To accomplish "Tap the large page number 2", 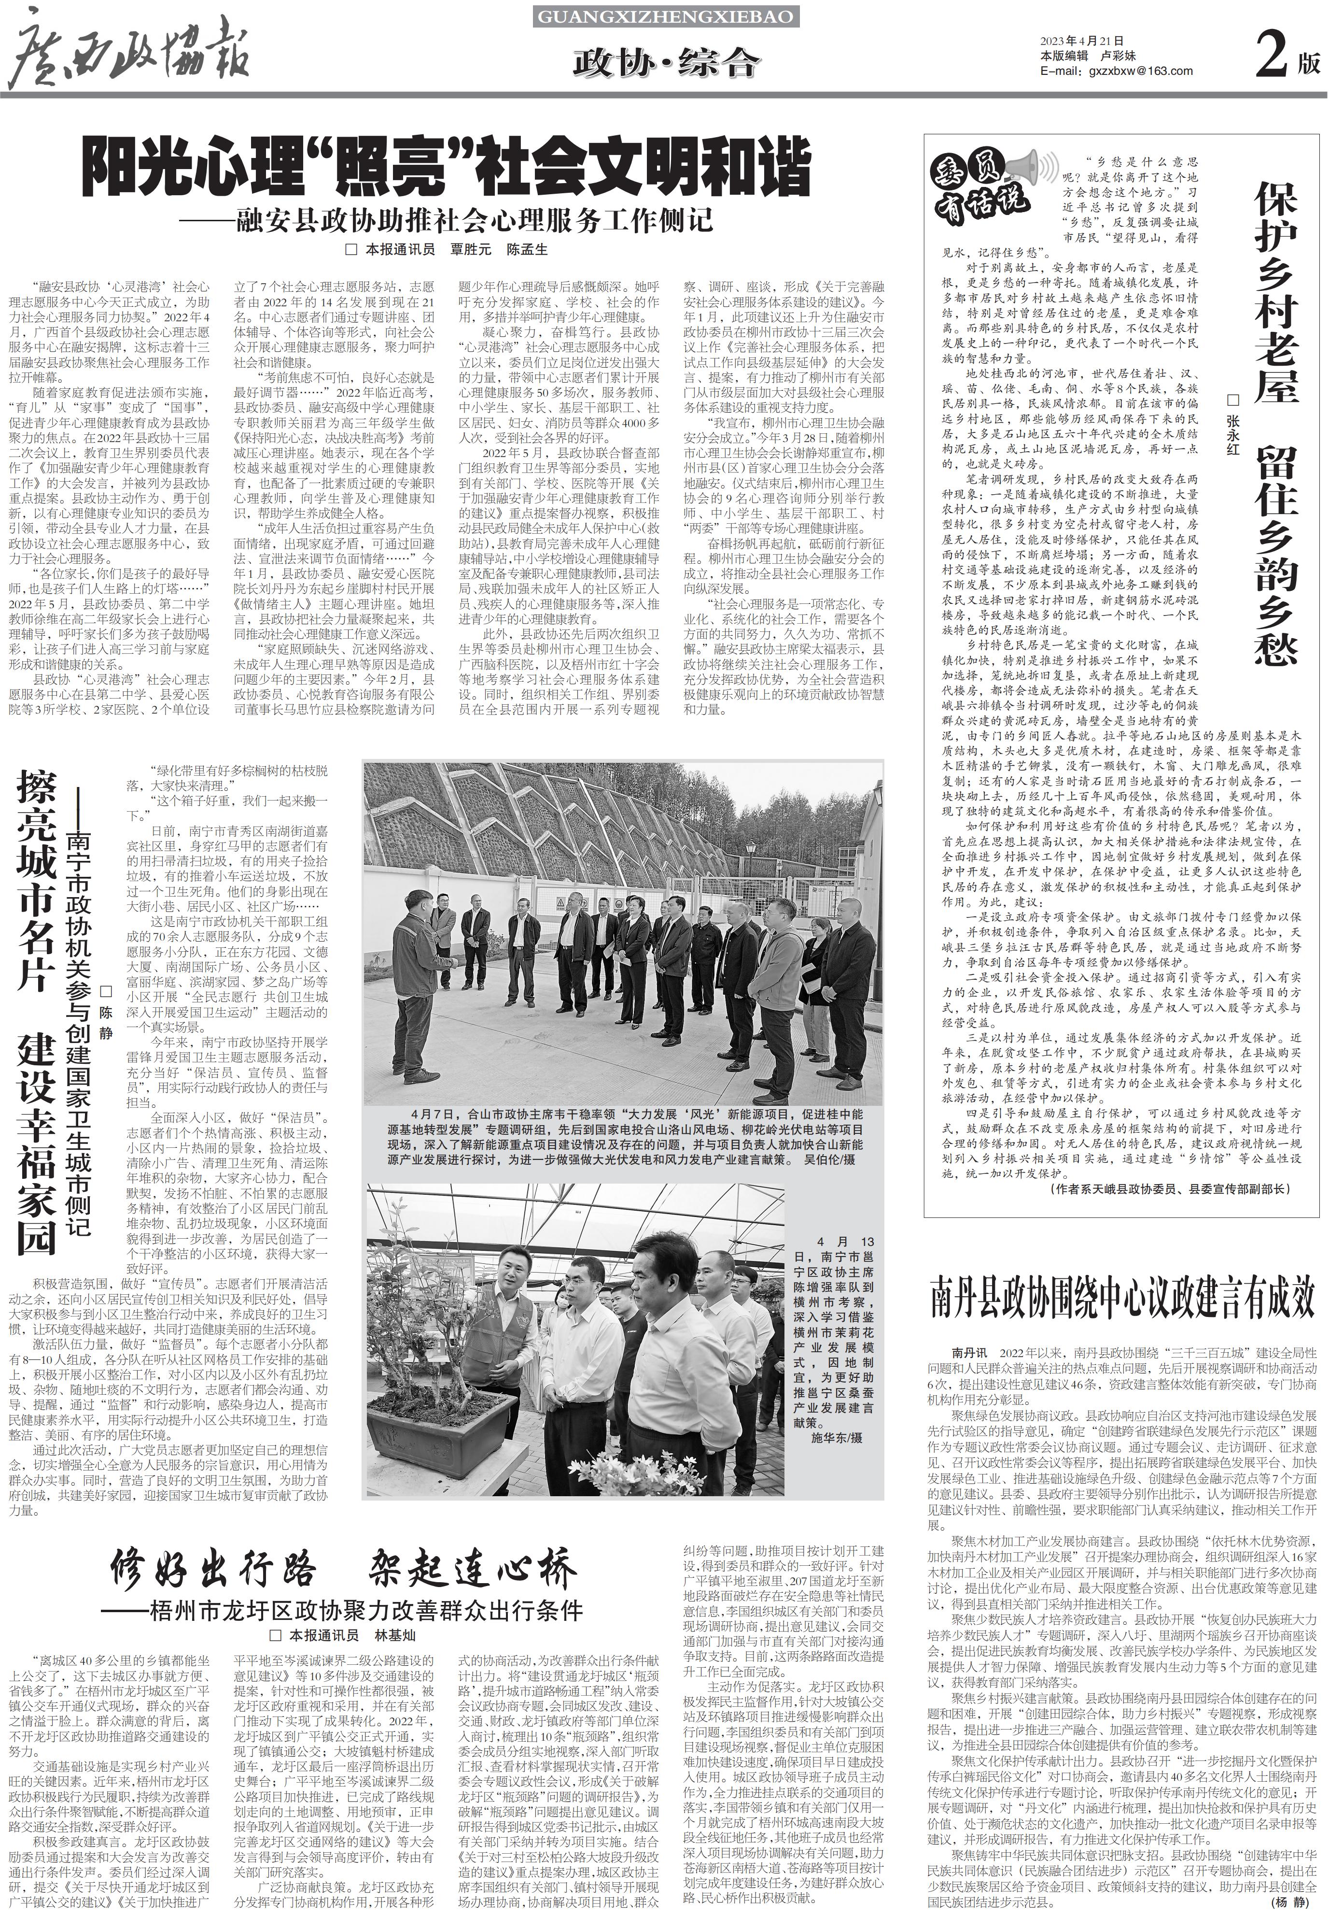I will click(1272, 57).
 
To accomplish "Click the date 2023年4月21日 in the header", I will click(1082, 41).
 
